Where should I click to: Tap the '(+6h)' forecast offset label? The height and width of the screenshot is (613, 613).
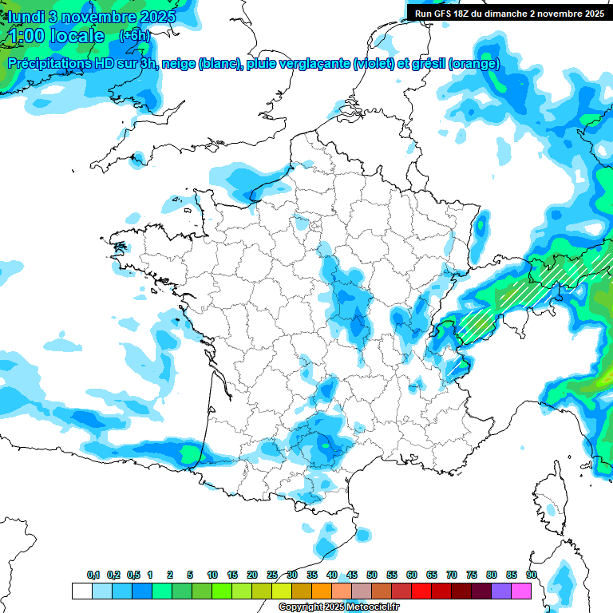click(134, 35)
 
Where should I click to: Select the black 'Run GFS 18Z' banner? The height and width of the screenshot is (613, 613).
click(509, 13)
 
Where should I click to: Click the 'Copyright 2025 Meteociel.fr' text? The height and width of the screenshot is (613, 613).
click(338, 607)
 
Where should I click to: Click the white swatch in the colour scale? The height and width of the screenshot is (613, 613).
click(81, 591)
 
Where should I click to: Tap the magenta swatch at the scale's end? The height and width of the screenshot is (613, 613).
click(522, 591)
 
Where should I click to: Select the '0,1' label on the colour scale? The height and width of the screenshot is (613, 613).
click(93, 575)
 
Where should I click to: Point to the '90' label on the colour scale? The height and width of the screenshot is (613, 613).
click(532, 575)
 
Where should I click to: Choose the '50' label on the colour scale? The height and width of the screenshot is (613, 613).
click(372, 575)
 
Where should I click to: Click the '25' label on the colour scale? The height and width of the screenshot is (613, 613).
click(272, 575)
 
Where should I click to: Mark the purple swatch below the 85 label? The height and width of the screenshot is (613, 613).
click(501, 591)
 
